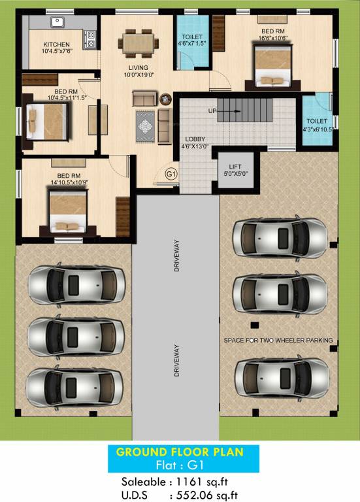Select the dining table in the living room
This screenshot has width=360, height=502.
139,42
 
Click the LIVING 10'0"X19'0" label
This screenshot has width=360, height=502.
138,71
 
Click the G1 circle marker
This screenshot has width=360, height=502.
171,174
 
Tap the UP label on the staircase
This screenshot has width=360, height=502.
212,111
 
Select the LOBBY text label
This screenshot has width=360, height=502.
195,139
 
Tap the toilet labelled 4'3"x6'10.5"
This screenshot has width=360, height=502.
317,124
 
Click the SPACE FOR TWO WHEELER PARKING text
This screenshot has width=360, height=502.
278,340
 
